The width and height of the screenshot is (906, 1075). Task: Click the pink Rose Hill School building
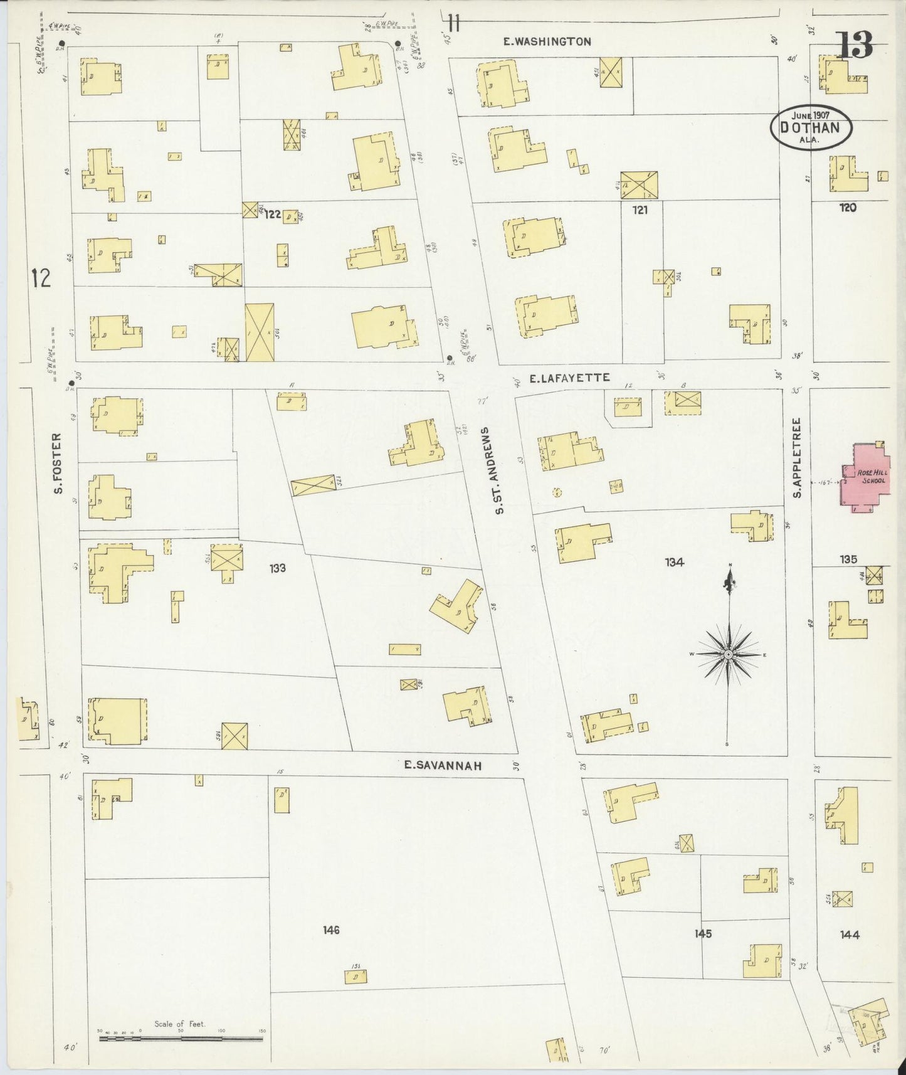pyautogui.click(x=865, y=478)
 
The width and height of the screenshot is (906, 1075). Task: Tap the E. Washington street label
pyautogui.click(x=547, y=42)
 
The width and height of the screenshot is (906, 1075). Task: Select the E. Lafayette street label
pyautogui.click(x=569, y=378)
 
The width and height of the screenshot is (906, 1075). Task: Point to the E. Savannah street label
pyautogui.click(x=443, y=765)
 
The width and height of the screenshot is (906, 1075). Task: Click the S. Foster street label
pyautogui.click(x=57, y=463)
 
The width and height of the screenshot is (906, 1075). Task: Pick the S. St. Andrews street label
pyautogui.click(x=500, y=470)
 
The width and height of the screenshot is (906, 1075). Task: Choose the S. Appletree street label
pyautogui.click(x=798, y=458)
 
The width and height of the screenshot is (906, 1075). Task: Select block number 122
pyautogui.click(x=272, y=214)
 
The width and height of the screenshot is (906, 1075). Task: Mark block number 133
pyautogui.click(x=278, y=568)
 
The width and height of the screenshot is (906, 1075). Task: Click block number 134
pyautogui.click(x=674, y=563)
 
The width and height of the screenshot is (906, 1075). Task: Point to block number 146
pyautogui.click(x=331, y=930)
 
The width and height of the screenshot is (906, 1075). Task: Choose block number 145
pyautogui.click(x=703, y=934)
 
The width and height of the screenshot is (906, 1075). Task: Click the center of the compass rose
pyautogui.click(x=728, y=655)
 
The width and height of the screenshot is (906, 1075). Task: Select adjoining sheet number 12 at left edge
pyautogui.click(x=41, y=277)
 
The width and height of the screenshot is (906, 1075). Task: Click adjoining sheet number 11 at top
pyautogui.click(x=454, y=24)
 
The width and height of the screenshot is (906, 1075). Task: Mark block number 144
pyautogui.click(x=849, y=935)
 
